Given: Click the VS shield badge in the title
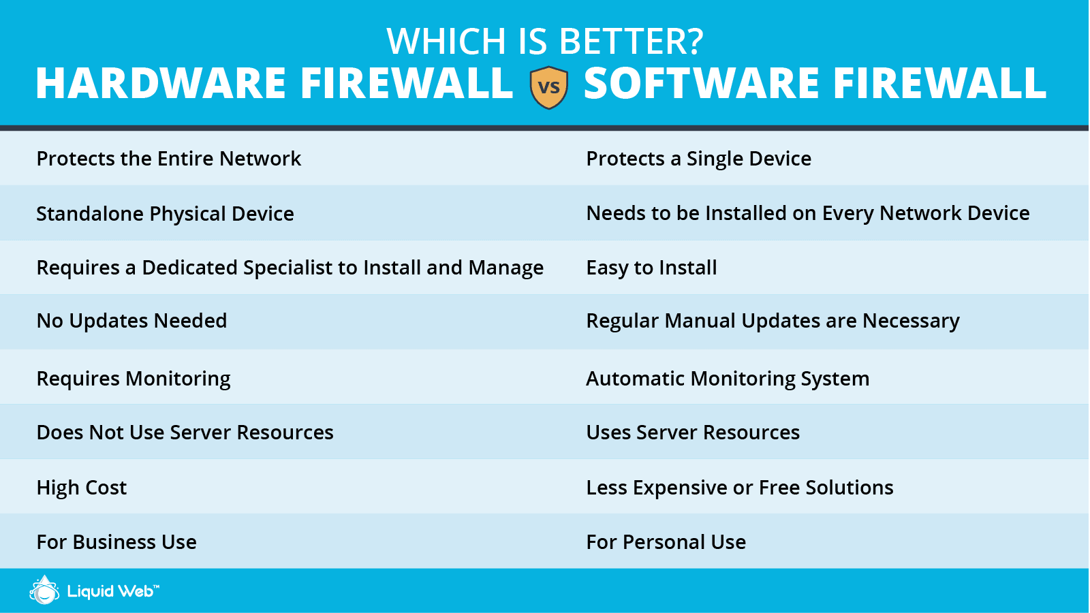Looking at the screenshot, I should (x=548, y=87).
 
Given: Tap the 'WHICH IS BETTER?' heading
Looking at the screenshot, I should (x=544, y=42).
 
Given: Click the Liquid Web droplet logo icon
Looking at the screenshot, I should (x=45, y=591).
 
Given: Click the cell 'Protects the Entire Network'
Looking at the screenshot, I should (x=168, y=159).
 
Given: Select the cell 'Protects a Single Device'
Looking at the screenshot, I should (x=698, y=159).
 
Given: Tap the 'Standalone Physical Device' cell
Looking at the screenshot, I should (x=165, y=214).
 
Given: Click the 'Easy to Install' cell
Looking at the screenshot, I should (x=651, y=268).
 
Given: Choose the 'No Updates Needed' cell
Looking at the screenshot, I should (x=131, y=321).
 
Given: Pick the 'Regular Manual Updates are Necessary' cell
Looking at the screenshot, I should (x=773, y=321).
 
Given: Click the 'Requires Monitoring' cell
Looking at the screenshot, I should (x=134, y=379).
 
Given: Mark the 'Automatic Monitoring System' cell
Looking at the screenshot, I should (x=728, y=379).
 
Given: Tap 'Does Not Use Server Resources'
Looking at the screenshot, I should (x=185, y=433).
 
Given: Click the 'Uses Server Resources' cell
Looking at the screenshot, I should (x=693, y=433).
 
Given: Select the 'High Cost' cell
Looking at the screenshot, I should (x=82, y=488).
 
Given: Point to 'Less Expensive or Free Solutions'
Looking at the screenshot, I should (x=740, y=488).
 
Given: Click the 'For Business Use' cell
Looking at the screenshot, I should (x=116, y=542).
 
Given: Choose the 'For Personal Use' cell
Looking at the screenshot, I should (x=666, y=542).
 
